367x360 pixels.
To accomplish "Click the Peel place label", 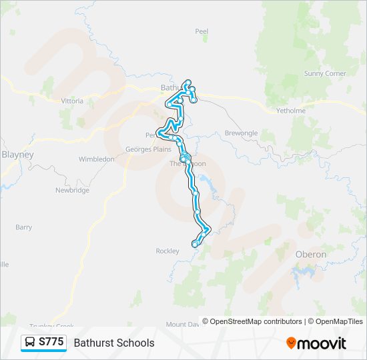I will (x=202, y=31).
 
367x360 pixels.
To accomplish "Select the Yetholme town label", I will (x=292, y=111).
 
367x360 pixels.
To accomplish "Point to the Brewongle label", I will (x=241, y=133).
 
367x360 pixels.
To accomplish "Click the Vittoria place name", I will (x=72, y=101).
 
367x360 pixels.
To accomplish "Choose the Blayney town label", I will (x=18, y=154).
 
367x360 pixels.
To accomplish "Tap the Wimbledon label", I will (x=97, y=159).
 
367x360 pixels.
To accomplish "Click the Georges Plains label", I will (x=147, y=149).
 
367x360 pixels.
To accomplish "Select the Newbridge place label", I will (x=72, y=190).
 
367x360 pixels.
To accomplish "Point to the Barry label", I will (x=23, y=227).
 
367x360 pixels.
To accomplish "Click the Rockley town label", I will (x=167, y=251).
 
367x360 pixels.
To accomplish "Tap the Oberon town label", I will (x=310, y=255).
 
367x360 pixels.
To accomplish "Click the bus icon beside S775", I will (x=30, y=343).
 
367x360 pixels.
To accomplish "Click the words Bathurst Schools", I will (x=114, y=343).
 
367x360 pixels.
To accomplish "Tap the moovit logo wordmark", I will (x=322, y=343).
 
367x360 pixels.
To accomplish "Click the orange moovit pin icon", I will (x=291, y=343).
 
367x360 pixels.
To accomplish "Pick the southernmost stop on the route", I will (x=195, y=245).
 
